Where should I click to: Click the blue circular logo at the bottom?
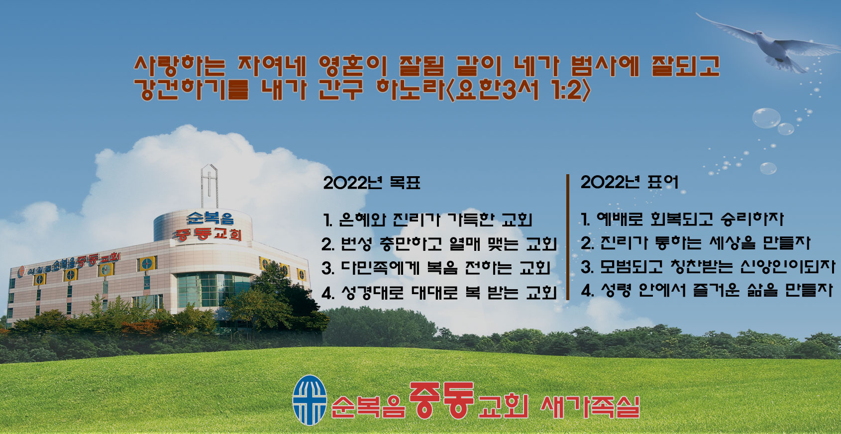coord(310,400)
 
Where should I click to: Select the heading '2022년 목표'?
coord(372,183)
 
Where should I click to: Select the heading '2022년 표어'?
coord(630,183)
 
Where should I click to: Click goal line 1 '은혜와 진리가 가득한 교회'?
coord(427,220)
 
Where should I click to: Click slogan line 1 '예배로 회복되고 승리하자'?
coord(682,219)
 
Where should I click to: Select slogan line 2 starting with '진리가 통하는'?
coord(696,243)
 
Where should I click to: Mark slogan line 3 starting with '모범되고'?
coord(708,267)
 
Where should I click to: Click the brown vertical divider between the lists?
coord(568,237)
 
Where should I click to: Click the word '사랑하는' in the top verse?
coord(180,66)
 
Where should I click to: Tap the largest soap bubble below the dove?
coord(766,118)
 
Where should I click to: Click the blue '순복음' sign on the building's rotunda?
coord(210,218)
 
